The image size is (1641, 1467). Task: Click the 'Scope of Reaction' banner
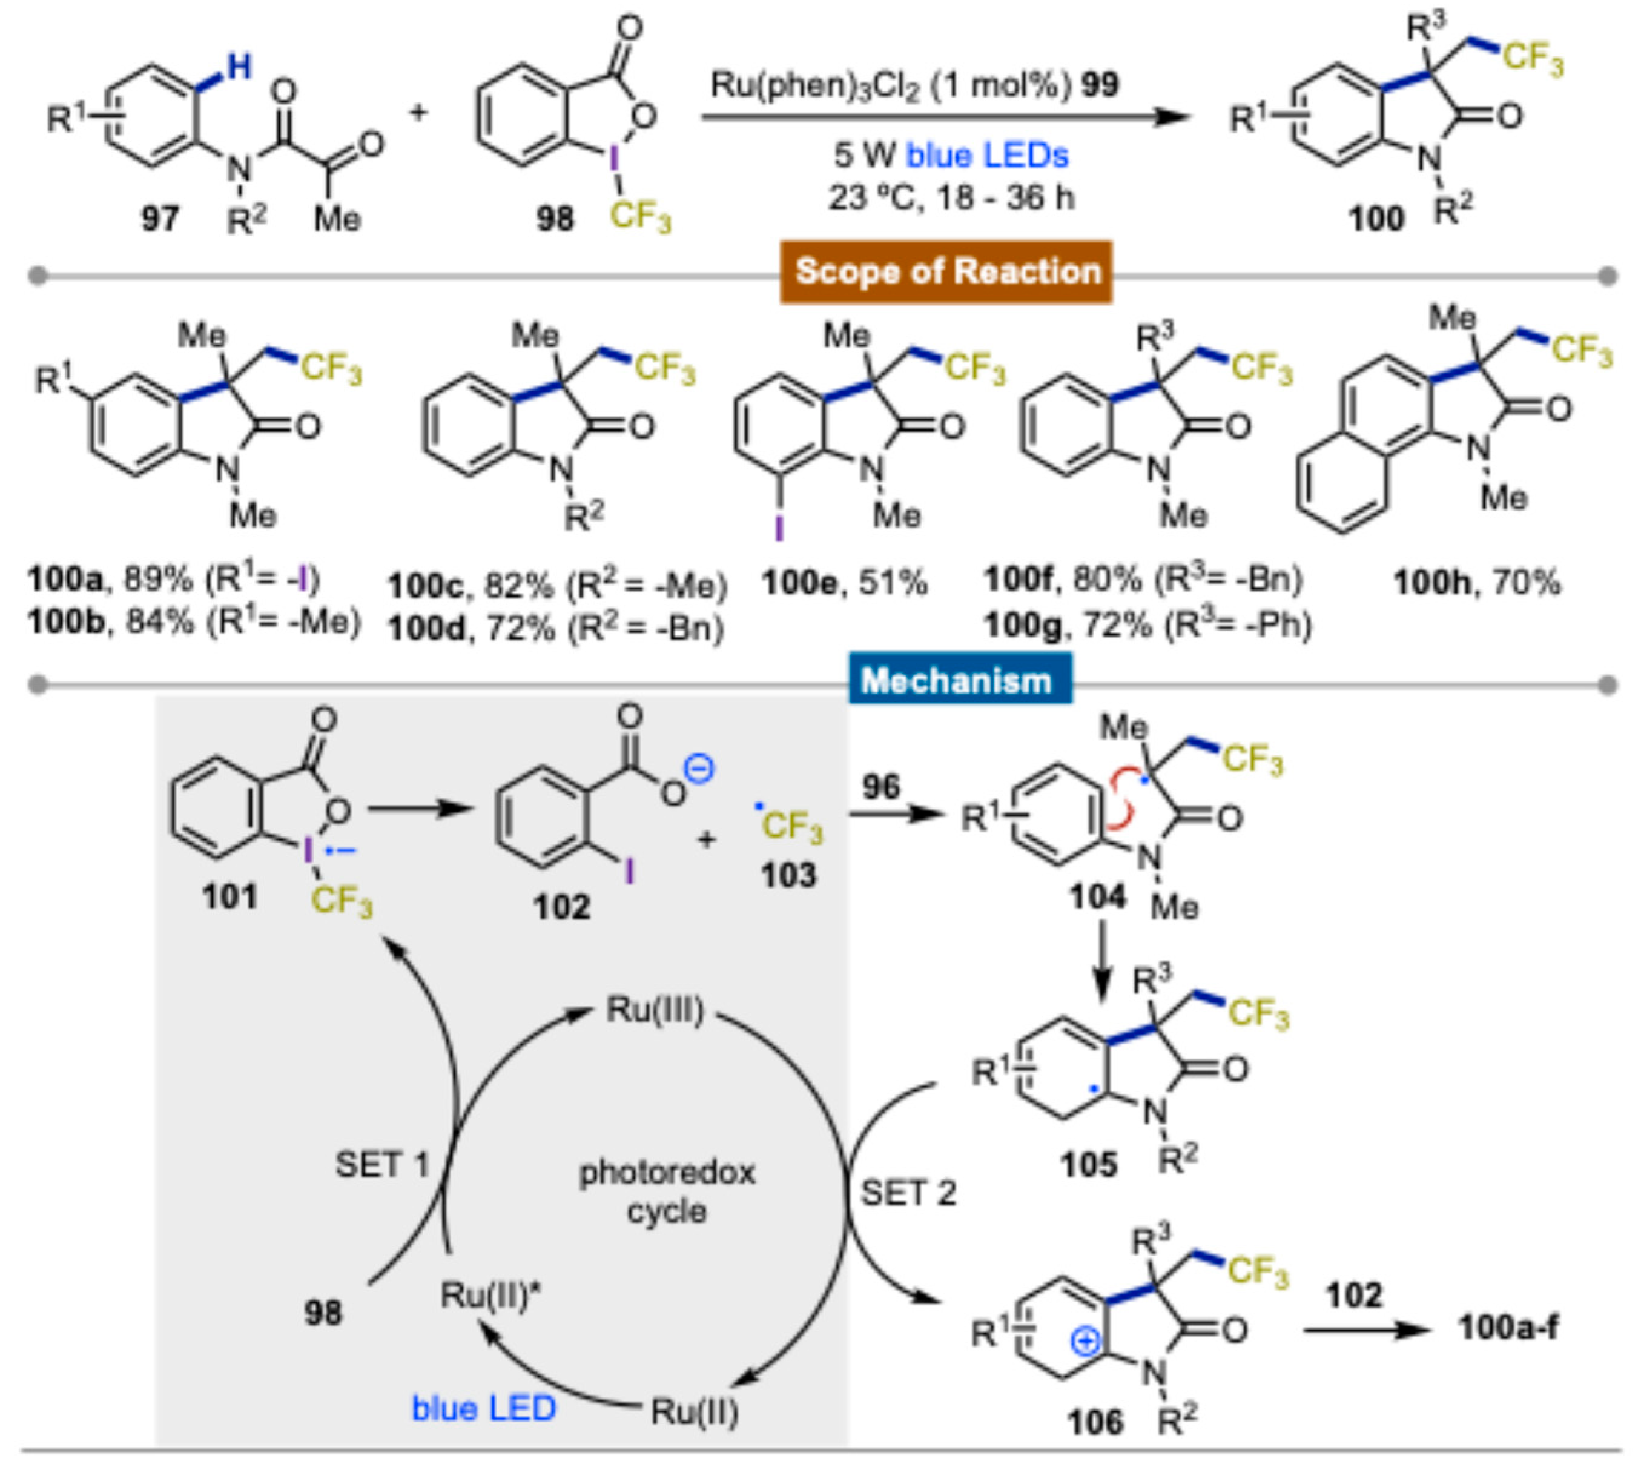pyautogui.click(x=947, y=271)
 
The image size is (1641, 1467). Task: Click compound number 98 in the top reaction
pyautogui.click(x=555, y=219)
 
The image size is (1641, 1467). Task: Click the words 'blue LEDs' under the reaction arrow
pyautogui.click(x=988, y=155)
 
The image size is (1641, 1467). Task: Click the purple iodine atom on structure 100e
pyautogui.click(x=779, y=528)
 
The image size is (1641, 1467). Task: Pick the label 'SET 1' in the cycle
pyautogui.click(x=381, y=1164)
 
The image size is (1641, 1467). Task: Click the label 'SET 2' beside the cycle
pyautogui.click(x=908, y=1193)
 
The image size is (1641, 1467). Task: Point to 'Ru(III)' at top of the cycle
pyautogui.click(x=655, y=1009)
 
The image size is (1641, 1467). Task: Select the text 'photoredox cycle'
pyautogui.click(x=667, y=1191)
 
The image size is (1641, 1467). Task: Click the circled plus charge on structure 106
pyautogui.click(x=1086, y=1341)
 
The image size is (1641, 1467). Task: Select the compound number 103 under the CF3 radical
pyautogui.click(x=788, y=875)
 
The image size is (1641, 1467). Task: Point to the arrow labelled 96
pyautogui.click(x=894, y=814)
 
